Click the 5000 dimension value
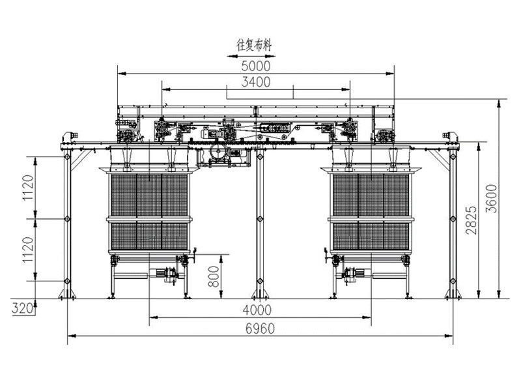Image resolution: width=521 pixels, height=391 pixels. (x=256, y=66)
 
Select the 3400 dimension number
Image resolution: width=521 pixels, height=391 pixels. (x=256, y=82)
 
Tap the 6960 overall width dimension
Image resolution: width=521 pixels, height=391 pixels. (x=260, y=329)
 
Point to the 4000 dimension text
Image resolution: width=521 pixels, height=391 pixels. (x=257, y=310)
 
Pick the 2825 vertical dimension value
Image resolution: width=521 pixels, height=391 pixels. (x=471, y=220)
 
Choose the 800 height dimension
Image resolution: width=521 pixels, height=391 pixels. (x=214, y=276)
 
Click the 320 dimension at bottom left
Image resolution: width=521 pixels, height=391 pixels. (x=23, y=308)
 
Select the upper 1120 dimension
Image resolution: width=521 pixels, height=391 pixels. (x=28, y=188)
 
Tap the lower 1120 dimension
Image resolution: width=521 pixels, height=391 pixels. (x=28, y=250)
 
